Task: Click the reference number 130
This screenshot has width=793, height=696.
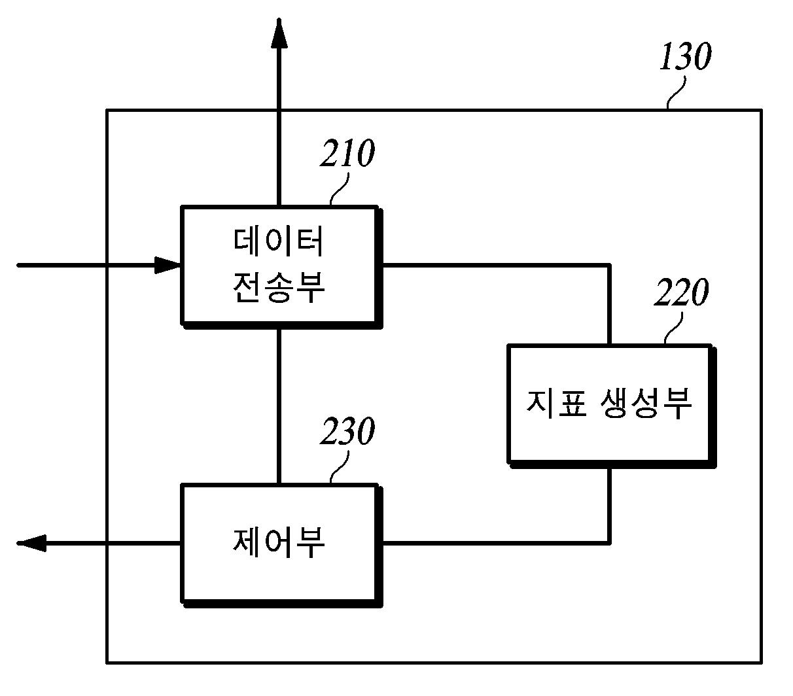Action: pos(684,58)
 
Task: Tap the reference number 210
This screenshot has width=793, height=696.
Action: pos(347,154)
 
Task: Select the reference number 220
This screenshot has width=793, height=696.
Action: pos(681,293)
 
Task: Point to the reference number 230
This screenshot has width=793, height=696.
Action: pos(347,432)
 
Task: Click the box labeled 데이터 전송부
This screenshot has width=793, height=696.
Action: pos(280,265)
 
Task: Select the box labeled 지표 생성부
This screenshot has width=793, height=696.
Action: pos(609,404)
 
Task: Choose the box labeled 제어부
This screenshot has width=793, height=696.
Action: pos(279,543)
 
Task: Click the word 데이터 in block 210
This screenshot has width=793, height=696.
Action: pos(279,242)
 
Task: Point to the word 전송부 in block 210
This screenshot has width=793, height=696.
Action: pos(279,288)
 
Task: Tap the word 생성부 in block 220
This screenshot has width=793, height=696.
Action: pos(645,404)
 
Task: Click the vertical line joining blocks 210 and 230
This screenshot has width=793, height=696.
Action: pos(279,406)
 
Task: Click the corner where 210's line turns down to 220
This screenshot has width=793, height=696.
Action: pos(609,266)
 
